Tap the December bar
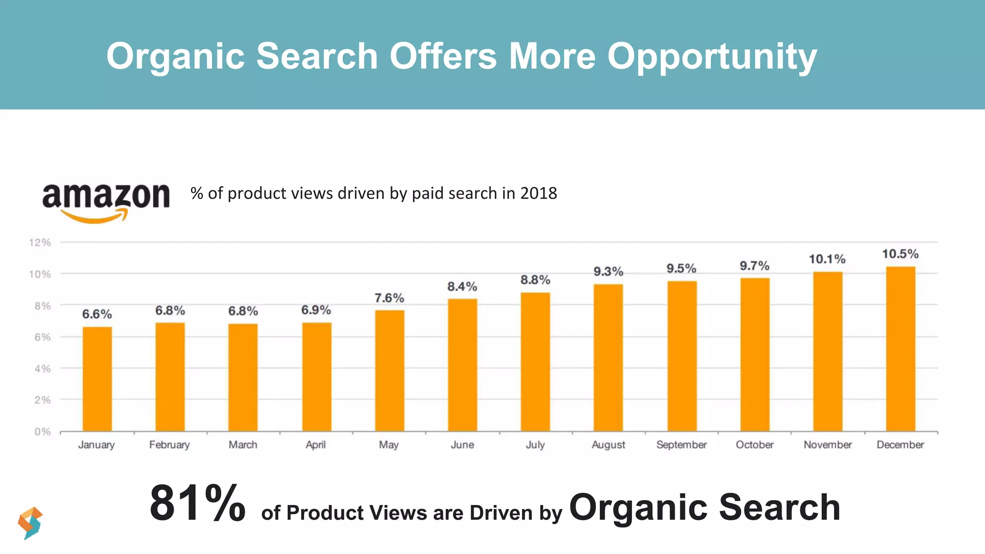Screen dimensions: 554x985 click(900, 349)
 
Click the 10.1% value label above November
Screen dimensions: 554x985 click(827, 259)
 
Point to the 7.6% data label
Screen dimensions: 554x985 click(389, 298)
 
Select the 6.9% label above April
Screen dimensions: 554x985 click(316, 310)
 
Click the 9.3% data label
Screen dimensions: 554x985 click(608, 272)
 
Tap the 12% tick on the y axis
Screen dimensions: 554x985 click(40, 242)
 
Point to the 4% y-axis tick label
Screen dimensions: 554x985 click(42, 369)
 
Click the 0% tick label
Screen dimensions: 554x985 click(42, 432)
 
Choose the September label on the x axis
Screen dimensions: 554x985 click(681, 445)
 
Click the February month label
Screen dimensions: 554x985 click(169, 445)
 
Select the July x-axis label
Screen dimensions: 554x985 click(535, 445)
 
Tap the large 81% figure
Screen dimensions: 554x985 click(197, 503)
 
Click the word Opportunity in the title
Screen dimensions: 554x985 click(712, 57)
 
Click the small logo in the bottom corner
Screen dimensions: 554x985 click(30, 523)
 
